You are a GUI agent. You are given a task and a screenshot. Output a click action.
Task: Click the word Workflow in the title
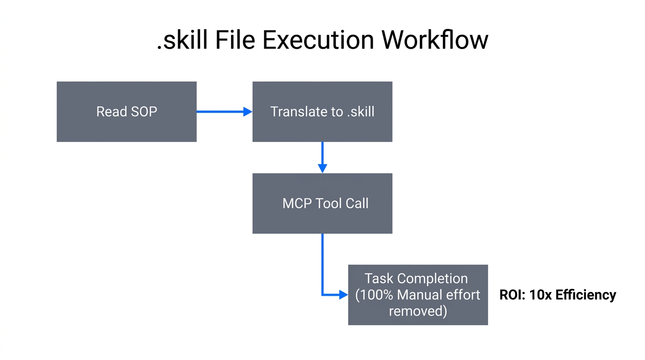tap(435, 40)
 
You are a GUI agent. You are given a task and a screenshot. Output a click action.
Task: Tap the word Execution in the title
tap(318, 40)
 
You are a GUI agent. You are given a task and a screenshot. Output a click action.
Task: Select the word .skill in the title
tap(182, 40)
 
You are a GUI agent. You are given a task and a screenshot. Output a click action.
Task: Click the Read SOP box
tap(127, 112)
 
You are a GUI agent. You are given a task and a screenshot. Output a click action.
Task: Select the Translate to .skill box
tap(322, 112)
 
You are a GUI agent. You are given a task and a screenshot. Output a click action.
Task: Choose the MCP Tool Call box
tap(322, 203)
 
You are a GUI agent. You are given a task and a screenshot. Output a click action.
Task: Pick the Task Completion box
tap(418, 294)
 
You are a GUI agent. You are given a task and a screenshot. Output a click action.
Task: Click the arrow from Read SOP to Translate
tap(224, 112)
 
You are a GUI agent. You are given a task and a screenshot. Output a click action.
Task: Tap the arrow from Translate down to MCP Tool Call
tap(322, 157)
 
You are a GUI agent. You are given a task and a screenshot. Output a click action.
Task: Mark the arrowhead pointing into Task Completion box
tap(344, 295)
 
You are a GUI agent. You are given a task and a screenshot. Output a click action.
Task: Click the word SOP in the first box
tap(143, 112)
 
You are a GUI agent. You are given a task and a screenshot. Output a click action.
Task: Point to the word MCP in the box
tap(297, 203)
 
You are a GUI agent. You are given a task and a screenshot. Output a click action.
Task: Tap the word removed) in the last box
tap(418, 311)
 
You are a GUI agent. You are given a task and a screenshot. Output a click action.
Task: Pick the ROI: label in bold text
tap(512, 295)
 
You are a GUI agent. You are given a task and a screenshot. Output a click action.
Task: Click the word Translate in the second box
tap(298, 112)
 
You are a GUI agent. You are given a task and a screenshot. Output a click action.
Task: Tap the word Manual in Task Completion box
tap(425, 295)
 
